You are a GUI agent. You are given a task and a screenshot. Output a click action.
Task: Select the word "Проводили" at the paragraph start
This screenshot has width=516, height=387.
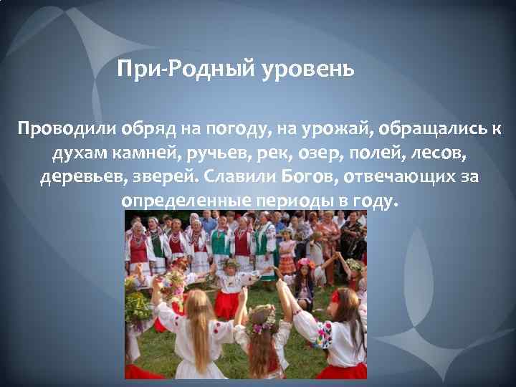click(59, 130)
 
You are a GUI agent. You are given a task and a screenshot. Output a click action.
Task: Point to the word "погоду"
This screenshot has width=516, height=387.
click(231, 130)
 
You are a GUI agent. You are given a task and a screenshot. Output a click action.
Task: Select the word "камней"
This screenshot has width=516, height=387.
click(143, 153)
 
